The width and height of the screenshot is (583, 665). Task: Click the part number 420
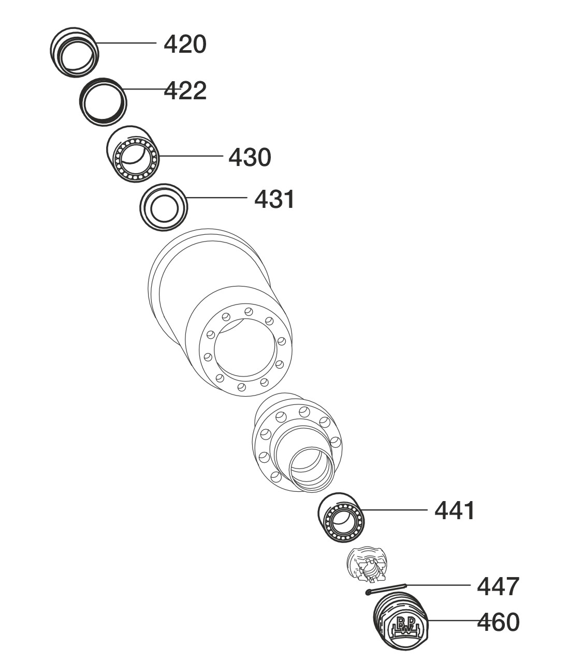coord(185,44)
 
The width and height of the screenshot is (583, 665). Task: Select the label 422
coord(185,90)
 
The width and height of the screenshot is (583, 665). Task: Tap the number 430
coord(250,157)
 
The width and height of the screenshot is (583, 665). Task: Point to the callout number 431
coord(274,199)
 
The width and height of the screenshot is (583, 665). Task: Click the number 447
coord(498,587)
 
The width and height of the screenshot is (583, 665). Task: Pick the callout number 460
coord(498,622)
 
